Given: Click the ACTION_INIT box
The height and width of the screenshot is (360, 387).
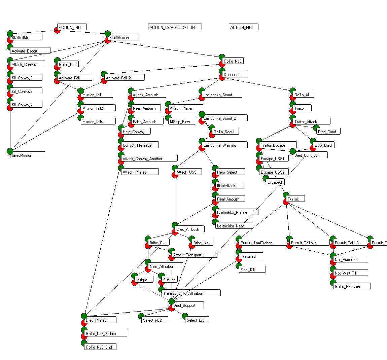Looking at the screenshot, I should point(72,27).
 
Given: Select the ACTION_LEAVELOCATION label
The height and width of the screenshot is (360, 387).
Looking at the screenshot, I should point(175,27).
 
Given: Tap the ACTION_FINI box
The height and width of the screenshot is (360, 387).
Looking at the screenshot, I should point(243,27).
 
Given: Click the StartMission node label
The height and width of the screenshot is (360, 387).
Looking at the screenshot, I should point(123,37).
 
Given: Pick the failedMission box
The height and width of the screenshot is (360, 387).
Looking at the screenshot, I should point(27,155).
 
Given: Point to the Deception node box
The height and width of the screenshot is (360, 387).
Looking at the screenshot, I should point(234,74).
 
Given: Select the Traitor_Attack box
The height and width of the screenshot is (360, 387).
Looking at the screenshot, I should point(311,121).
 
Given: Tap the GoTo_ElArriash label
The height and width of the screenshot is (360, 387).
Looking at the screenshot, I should point(352,286).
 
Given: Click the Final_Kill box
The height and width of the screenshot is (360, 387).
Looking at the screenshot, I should point(252,269).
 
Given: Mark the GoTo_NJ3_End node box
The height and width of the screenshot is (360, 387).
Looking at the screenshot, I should point(100,347).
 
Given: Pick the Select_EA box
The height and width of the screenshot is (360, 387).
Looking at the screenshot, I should point(197,320).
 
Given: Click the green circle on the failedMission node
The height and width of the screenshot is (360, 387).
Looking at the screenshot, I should point(10,151).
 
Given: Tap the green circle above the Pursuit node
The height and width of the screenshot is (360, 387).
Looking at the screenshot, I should point(286,195).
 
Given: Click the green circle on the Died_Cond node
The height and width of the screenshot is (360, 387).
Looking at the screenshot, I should point(316,128).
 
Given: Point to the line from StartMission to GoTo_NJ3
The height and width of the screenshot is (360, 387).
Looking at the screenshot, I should point(165,49).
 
